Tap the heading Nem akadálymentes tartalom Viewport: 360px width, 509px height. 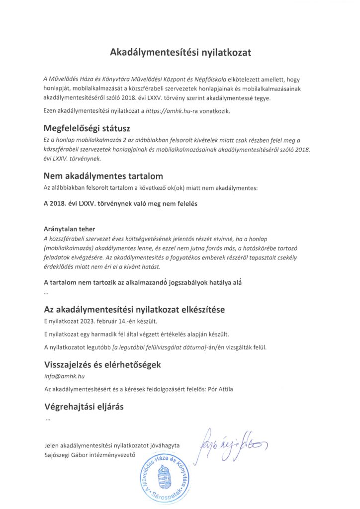point(103,176)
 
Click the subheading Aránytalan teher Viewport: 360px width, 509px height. point(69,229)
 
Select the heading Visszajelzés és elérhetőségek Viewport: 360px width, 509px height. point(102,364)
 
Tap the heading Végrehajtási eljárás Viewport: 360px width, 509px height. point(84,407)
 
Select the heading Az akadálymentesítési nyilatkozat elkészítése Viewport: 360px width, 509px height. point(134,309)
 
